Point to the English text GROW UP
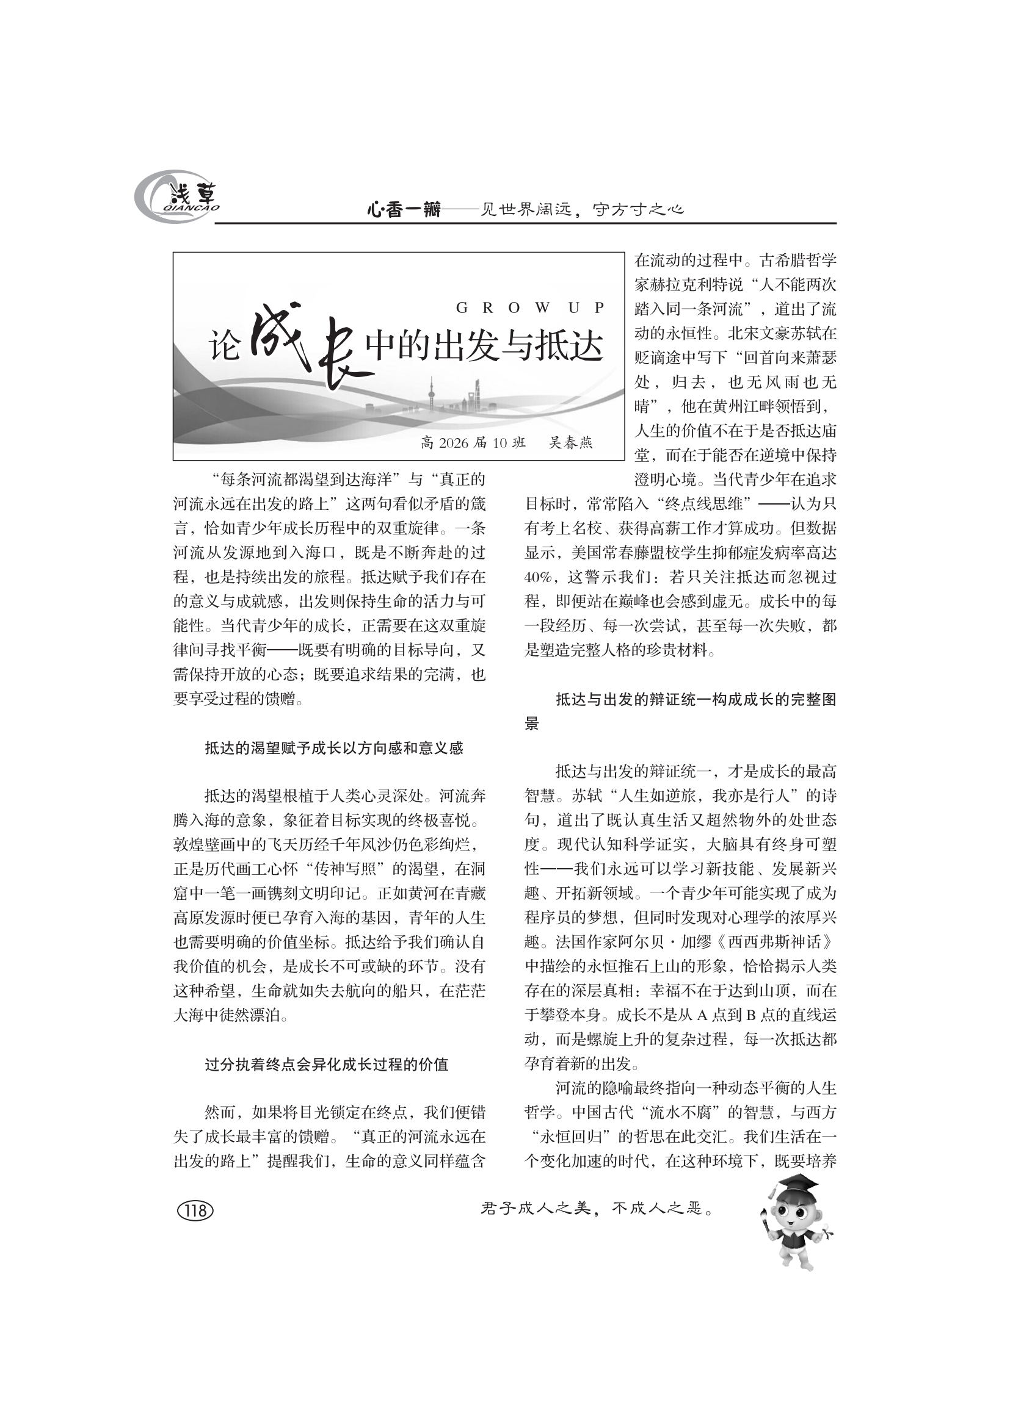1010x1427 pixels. coord(529,307)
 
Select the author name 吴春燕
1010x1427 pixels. coord(571,442)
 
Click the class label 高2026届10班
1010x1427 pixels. coord(473,442)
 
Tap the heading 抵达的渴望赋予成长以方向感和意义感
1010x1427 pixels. coord(334,749)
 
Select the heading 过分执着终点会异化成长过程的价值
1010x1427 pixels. coord(327,1065)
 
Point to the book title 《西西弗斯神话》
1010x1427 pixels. coord(773,942)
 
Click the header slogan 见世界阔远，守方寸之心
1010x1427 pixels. coord(583,210)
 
